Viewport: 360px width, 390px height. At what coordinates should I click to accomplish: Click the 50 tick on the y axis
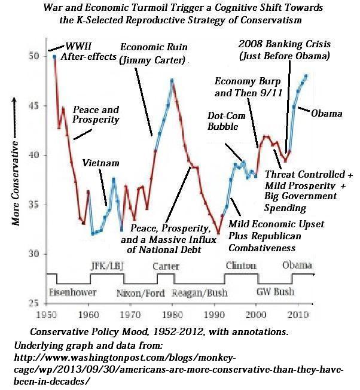pos(39,56)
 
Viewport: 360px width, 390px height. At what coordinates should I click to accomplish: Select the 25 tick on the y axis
pos(39,304)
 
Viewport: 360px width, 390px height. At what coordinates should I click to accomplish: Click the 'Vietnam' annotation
pos(97,163)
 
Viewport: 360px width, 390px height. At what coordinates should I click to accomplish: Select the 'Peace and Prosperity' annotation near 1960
pos(96,115)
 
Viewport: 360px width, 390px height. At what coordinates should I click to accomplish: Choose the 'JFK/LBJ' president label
pos(106,266)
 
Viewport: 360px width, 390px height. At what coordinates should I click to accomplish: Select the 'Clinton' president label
pos(240,266)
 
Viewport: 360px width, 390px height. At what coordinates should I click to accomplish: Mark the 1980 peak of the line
pos(172,80)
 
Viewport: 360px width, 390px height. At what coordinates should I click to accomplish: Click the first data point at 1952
pos(54,57)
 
